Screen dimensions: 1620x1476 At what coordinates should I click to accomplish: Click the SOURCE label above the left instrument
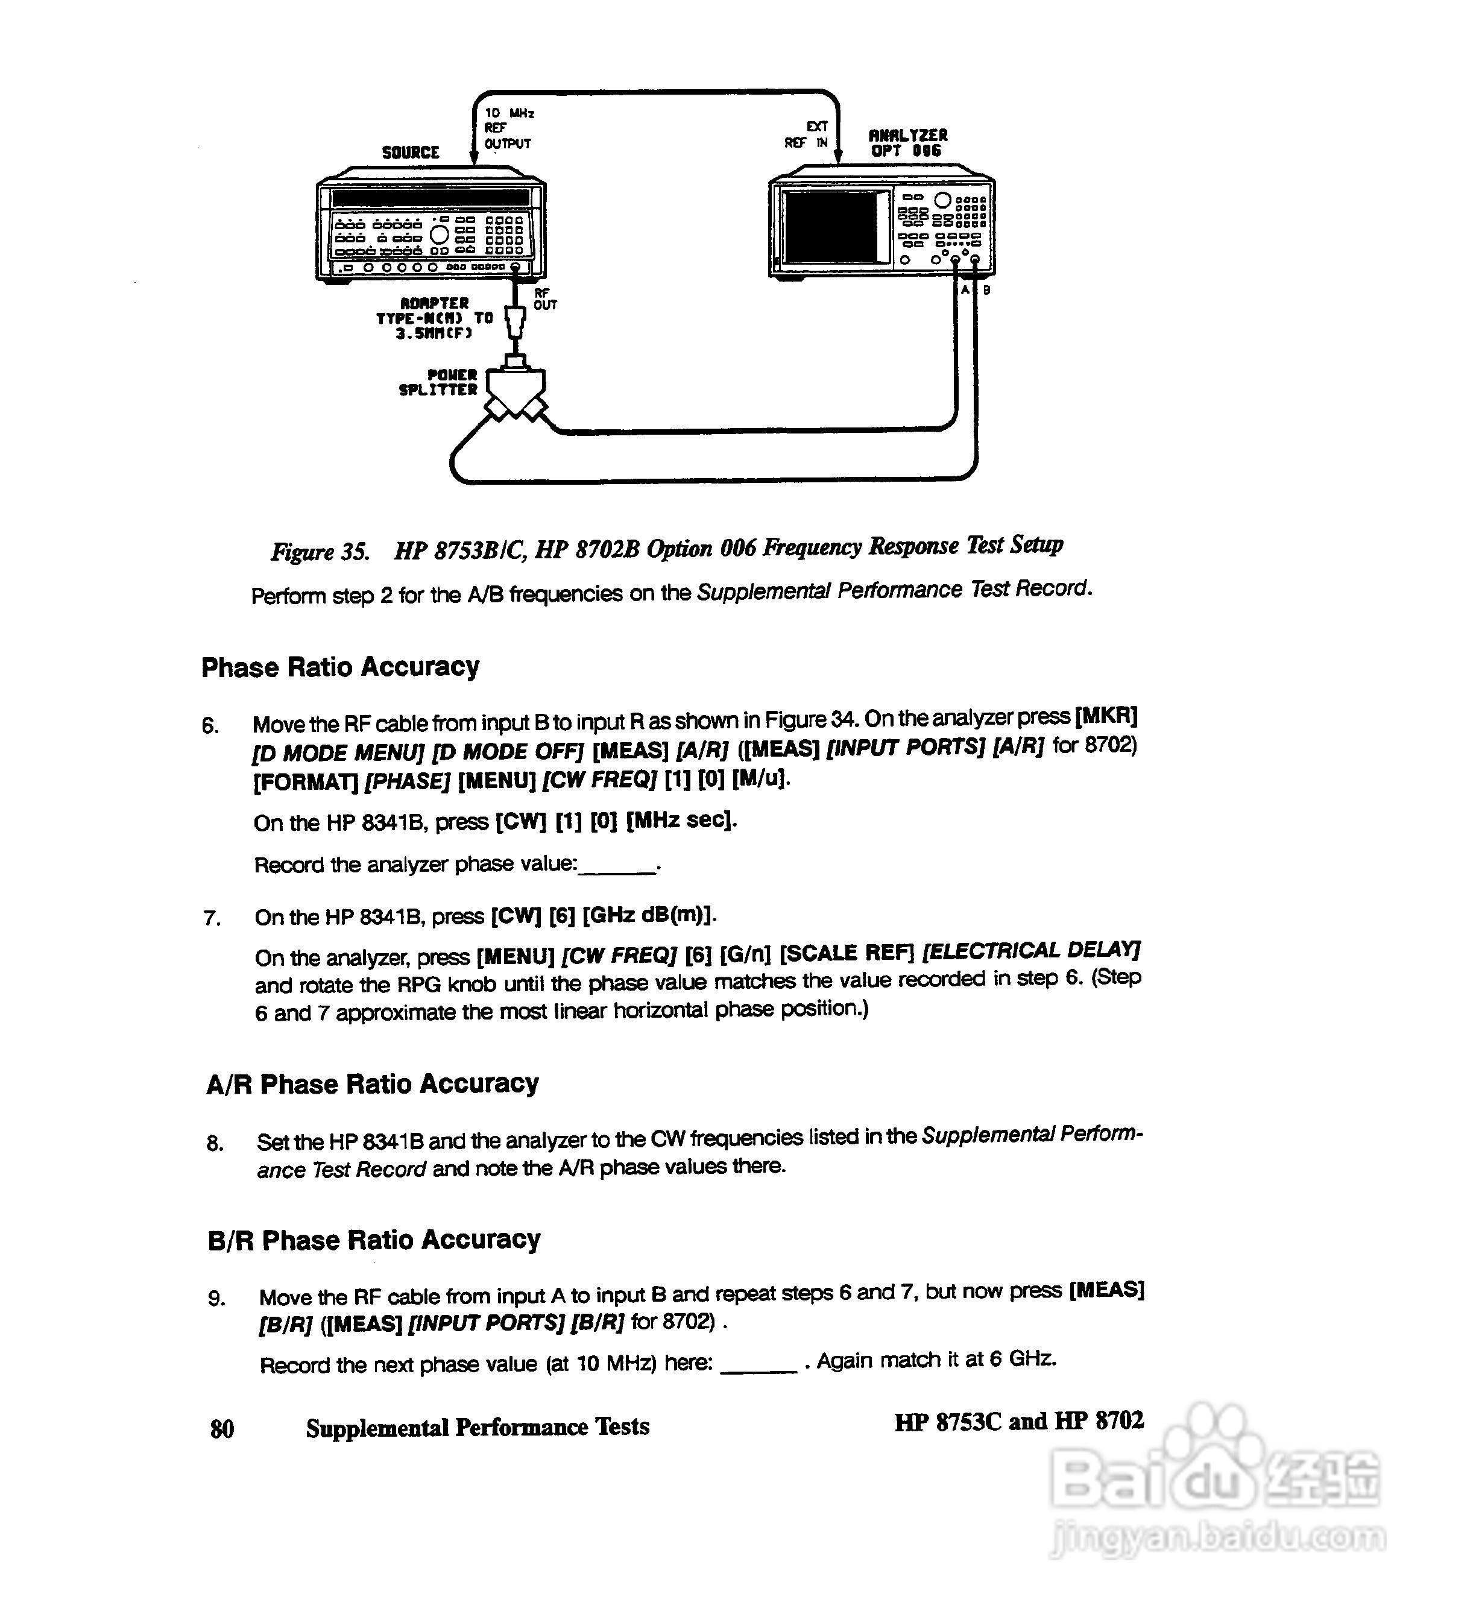410,153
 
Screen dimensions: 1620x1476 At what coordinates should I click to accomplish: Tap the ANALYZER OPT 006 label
908,143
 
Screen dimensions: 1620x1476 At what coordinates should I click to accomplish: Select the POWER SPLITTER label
439,382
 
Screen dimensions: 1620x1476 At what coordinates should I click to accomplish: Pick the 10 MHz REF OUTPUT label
508,128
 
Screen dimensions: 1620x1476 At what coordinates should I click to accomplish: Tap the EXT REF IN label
807,135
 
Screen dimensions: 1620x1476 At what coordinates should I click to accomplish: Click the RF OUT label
545,300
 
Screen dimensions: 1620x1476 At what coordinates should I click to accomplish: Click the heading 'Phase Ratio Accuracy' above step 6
340,667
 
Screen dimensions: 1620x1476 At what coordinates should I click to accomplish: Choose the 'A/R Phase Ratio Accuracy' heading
372,1084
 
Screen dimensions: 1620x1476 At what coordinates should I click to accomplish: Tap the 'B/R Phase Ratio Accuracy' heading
374,1240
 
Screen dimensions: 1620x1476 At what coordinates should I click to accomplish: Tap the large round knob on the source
440,235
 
